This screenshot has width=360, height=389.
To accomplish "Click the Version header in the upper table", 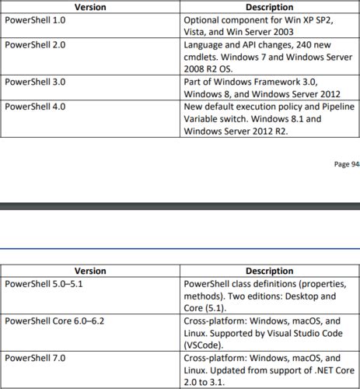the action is click(90, 6).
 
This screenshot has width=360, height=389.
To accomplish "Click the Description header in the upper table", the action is click(269, 6).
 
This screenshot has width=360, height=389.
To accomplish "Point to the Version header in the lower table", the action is click(90, 272).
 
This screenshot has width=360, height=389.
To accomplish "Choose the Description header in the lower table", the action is click(269, 272).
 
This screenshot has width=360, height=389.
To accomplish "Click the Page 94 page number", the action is click(345, 163).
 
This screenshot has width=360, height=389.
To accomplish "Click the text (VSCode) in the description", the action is click(204, 344).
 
